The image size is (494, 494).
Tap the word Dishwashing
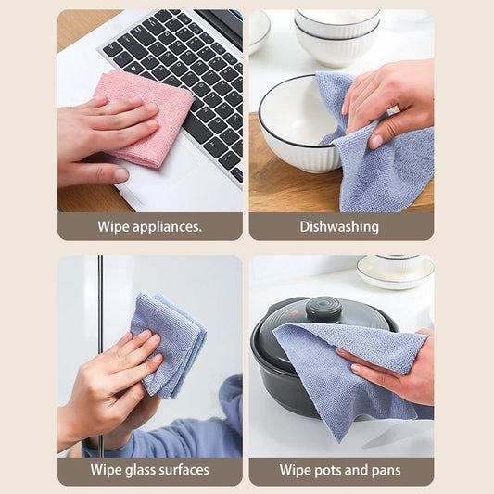click(340, 226)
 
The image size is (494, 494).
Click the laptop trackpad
click(158, 185)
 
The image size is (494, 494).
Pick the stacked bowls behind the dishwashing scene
click(337, 37)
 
